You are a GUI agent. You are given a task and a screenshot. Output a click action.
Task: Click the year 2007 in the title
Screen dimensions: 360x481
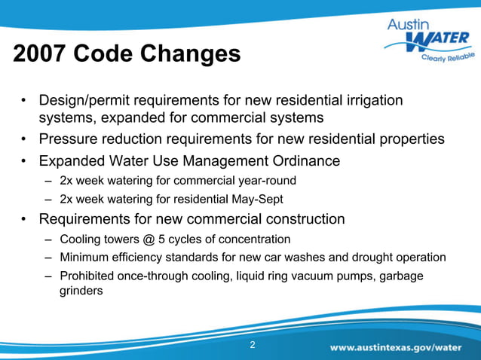pos(39,54)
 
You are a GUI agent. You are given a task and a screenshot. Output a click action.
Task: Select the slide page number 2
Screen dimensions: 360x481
pos(253,346)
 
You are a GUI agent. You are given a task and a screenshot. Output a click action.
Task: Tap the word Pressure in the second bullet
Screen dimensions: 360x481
pos(71,139)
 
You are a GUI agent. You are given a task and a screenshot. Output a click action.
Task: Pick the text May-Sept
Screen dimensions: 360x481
pos(254,200)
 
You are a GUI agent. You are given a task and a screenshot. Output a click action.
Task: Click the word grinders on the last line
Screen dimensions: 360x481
pos(81,290)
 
